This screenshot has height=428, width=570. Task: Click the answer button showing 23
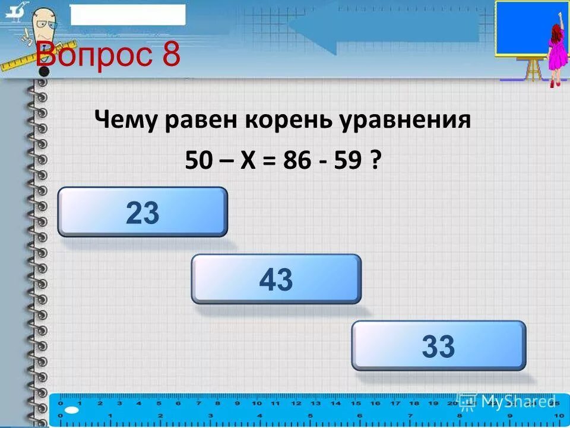[142, 212]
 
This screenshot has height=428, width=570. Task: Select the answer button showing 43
[276, 279]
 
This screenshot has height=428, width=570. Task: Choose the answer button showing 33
[439, 346]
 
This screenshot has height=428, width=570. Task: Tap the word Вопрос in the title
[89, 56]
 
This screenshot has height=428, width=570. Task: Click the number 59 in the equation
[349, 160]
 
